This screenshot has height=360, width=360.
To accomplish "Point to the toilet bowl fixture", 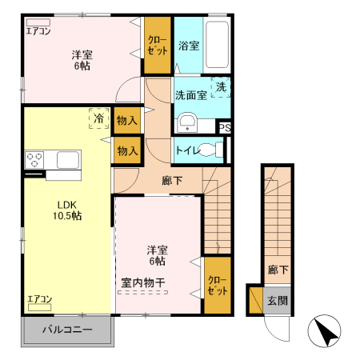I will click(x=211, y=149).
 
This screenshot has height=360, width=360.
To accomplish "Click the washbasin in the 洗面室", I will click(x=187, y=122).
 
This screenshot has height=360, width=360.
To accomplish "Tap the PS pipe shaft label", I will click(x=226, y=127).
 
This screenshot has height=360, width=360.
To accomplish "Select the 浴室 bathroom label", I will click(x=189, y=46).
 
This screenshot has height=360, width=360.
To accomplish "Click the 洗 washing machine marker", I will click(x=221, y=86).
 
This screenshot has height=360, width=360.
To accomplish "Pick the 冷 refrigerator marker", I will click(x=99, y=118).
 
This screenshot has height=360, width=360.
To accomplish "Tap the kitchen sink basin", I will click(x=65, y=160).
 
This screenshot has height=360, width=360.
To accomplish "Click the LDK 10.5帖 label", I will click(x=67, y=210).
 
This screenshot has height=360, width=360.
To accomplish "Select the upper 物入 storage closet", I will click(x=127, y=121).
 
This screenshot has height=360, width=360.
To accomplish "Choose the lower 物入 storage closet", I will click(x=127, y=150).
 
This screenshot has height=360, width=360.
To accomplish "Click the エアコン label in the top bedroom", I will click(x=38, y=32).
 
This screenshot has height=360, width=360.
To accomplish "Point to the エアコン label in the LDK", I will click(x=39, y=300).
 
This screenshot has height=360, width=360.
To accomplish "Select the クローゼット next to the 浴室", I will click(x=158, y=45).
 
